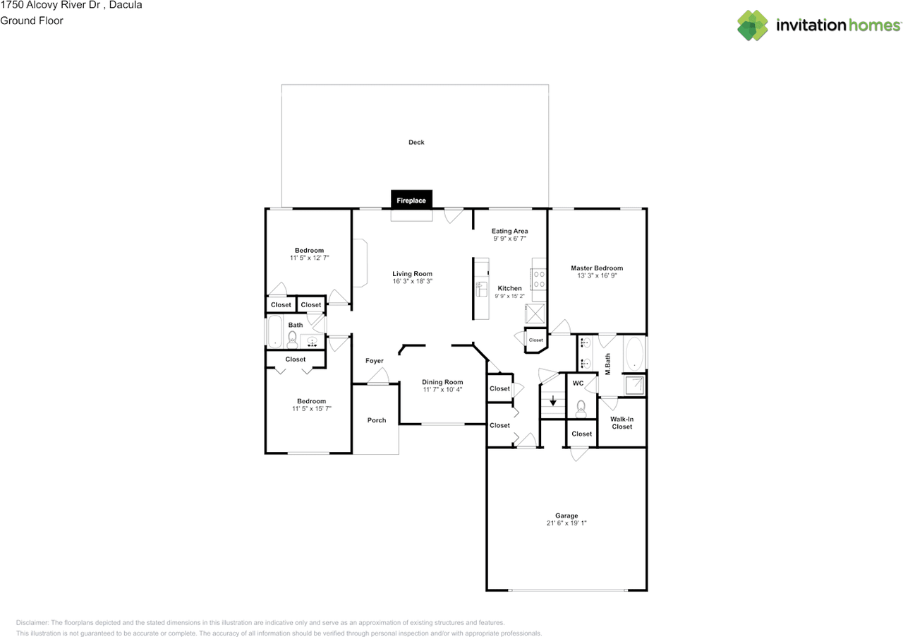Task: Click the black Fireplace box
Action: [411, 199]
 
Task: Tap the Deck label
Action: [416, 142]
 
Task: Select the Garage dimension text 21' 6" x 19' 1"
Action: [566, 523]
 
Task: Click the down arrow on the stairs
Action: [553, 400]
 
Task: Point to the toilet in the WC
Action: [581, 408]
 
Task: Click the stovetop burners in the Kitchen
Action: [539, 279]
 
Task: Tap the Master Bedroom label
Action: [597, 268]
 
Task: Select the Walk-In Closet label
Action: [622, 422]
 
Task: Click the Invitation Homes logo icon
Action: [753, 25]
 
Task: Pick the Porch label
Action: [377, 420]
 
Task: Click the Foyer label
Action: [374, 361]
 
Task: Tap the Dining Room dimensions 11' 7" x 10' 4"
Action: [442, 390]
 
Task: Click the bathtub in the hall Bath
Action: [275, 331]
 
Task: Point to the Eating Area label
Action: [509, 231]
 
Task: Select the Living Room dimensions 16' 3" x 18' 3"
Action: [413, 281]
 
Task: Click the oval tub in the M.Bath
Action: [634, 354]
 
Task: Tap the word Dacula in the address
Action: [126, 5]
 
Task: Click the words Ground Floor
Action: [32, 20]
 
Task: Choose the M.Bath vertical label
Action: [607, 364]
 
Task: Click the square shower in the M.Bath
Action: [634, 386]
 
